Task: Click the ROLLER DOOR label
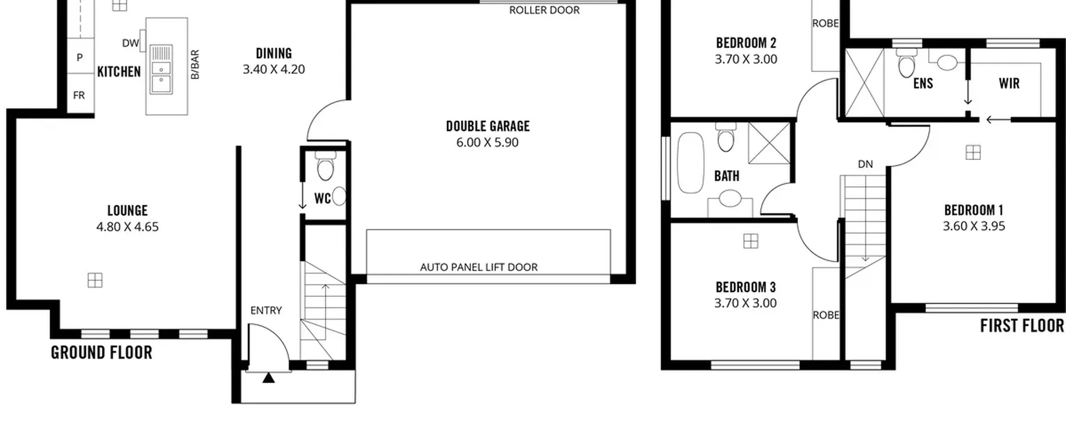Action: pyautogui.click(x=544, y=10)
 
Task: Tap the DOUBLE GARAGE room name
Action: pyautogui.click(x=488, y=126)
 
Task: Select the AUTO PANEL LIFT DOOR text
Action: pyautogui.click(x=479, y=267)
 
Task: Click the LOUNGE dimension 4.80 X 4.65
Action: pyautogui.click(x=127, y=227)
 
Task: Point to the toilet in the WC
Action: pyautogui.click(x=325, y=165)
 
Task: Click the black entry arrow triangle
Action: pyautogui.click(x=269, y=378)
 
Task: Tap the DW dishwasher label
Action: pyautogui.click(x=130, y=43)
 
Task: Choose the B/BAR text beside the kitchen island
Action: pyautogui.click(x=195, y=65)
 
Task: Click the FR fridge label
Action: pyautogui.click(x=79, y=95)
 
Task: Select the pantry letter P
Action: pyautogui.click(x=80, y=58)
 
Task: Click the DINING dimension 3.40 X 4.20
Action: pyautogui.click(x=274, y=69)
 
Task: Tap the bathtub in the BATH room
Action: pyautogui.click(x=691, y=163)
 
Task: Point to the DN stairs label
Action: pyautogui.click(x=865, y=164)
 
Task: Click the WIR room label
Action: pyautogui.click(x=1009, y=83)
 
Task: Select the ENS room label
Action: pyautogui.click(x=923, y=83)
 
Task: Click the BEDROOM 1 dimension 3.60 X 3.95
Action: pyautogui.click(x=974, y=226)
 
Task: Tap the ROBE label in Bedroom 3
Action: pyautogui.click(x=826, y=315)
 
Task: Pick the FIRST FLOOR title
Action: pyautogui.click(x=1022, y=325)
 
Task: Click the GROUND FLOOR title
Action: pyautogui.click(x=102, y=353)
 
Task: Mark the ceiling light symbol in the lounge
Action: pyautogui.click(x=95, y=280)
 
